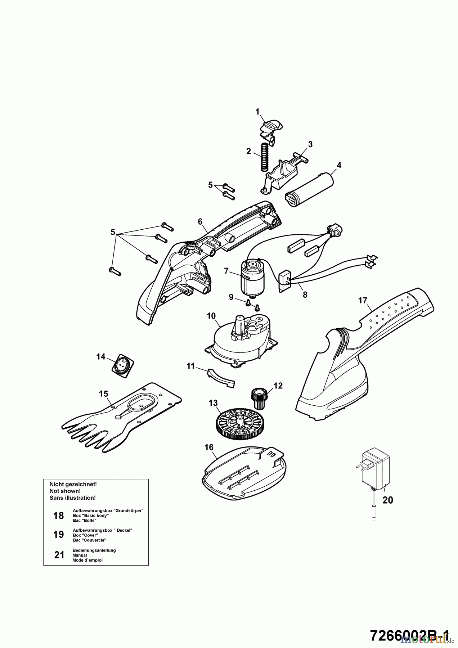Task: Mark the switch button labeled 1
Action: [271, 129]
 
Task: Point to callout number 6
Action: [200, 222]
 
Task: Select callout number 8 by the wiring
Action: [305, 294]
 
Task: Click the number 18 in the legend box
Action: [58, 516]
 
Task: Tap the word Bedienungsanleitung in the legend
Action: [94, 550]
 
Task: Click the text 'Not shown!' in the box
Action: [65, 491]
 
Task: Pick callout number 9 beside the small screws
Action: [231, 297]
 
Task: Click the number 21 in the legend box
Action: [59, 555]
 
